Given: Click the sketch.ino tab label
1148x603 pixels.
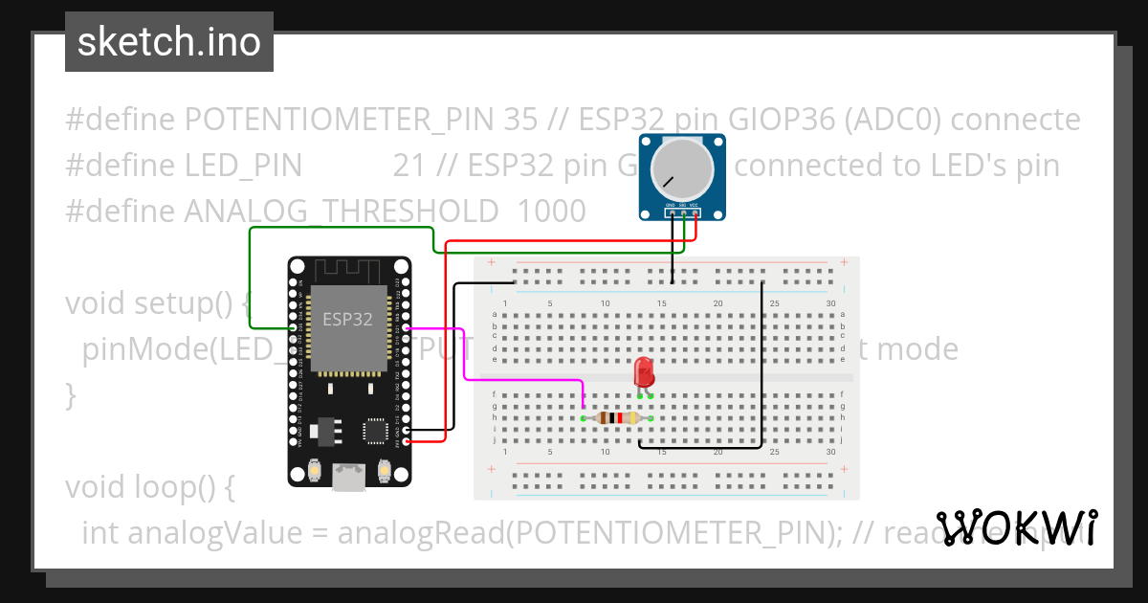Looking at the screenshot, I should point(168,42).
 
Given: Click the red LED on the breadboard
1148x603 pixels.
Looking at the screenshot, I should point(644,372).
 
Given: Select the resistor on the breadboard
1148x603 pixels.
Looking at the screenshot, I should point(617,417).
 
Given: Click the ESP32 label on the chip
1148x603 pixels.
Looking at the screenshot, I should point(347,320).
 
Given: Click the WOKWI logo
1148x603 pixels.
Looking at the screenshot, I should point(1016,527).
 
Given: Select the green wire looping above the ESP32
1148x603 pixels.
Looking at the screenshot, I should point(340,228).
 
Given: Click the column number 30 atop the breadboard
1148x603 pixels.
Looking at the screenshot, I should point(830,303).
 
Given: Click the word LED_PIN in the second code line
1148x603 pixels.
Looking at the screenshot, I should point(243,166).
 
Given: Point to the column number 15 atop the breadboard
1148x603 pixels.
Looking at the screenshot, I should point(661,303).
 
